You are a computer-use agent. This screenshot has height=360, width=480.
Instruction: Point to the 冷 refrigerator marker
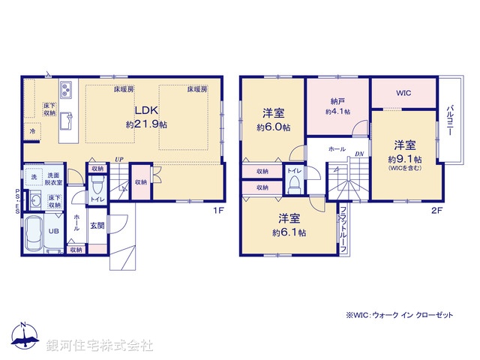click(32, 132)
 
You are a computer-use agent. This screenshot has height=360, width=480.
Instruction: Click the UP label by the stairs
click(119, 159)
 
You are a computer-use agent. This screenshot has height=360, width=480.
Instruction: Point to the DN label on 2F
click(359, 155)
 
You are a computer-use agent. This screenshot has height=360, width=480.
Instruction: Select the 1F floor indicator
click(218, 210)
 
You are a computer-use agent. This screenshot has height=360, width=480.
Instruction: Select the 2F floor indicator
click(436, 210)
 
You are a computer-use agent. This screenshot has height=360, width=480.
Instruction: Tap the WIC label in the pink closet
click(403, 94)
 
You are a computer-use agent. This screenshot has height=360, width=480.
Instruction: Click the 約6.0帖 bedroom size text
click(273, 127)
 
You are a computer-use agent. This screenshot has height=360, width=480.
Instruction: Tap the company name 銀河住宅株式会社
click(99, 346)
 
